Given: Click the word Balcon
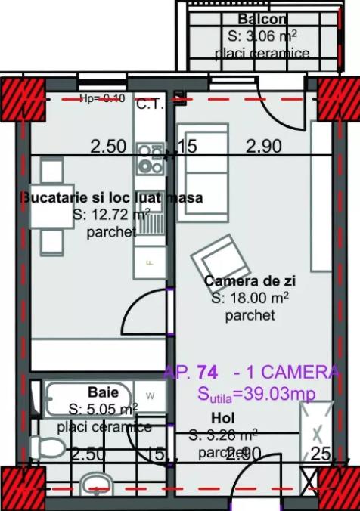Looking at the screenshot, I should [261, 19].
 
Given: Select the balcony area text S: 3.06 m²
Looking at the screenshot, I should [261, 36].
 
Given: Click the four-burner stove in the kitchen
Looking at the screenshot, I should [148, 159].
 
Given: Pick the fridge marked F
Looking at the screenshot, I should [149, 262].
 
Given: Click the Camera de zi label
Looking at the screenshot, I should [249, 281].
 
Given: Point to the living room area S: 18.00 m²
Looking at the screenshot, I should [250, 299].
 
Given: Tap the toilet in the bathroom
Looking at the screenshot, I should [47, 447].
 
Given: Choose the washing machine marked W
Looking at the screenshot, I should [151, 395].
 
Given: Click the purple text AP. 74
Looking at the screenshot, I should [191, 372].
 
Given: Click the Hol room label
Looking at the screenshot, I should [221, 417].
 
